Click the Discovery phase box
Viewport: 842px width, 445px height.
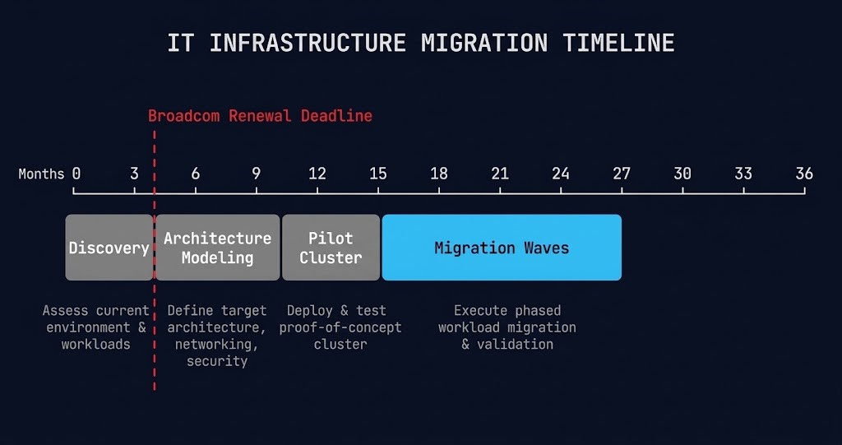(109, 248)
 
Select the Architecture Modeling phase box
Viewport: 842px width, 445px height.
(217, 248)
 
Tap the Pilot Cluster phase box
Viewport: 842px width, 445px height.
(331, 248)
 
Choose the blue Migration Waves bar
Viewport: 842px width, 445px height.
(502, 248)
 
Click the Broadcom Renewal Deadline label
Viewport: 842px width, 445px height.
(260, 116)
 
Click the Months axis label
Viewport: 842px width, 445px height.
(41, 174)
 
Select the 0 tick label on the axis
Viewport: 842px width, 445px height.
(76, 174)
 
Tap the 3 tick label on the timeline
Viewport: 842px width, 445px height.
(134, 174)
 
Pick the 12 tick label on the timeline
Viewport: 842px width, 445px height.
(317, 174)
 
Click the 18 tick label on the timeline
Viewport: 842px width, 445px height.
(439, 174)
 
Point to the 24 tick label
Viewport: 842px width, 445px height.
(561, 174)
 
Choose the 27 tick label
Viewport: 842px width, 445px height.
(622, 174)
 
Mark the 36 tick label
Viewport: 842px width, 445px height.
(804, 174)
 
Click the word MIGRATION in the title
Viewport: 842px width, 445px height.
(483, 43)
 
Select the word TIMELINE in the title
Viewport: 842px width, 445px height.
(618, 43)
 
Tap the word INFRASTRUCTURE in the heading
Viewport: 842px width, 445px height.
(308, 43)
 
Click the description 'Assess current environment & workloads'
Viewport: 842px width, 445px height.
(96, 327)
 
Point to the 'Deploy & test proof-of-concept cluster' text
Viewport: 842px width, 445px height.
(340, 327)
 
